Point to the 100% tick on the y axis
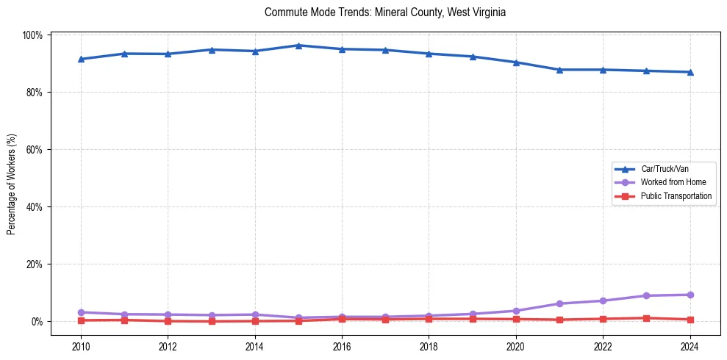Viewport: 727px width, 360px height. (33, 35)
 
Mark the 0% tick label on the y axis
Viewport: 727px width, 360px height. (37, 322)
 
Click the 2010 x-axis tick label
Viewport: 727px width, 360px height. (81, 345)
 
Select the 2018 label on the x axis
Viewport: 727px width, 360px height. (429, 345)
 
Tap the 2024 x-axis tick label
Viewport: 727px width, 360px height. (690, 345)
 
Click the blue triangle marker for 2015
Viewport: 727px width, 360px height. (298, 46)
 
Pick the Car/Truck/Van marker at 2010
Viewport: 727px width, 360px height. (81, 59)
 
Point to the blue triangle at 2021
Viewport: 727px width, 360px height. (559, 70)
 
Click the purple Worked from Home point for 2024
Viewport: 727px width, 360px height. (690, 295)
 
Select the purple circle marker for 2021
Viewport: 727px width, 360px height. (559, 303)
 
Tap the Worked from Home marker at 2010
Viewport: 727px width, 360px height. (81, 312)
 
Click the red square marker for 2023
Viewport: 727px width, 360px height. (646, 318)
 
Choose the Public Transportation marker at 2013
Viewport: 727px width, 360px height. (212, 321)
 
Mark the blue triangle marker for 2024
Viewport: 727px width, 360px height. (690, 72)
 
